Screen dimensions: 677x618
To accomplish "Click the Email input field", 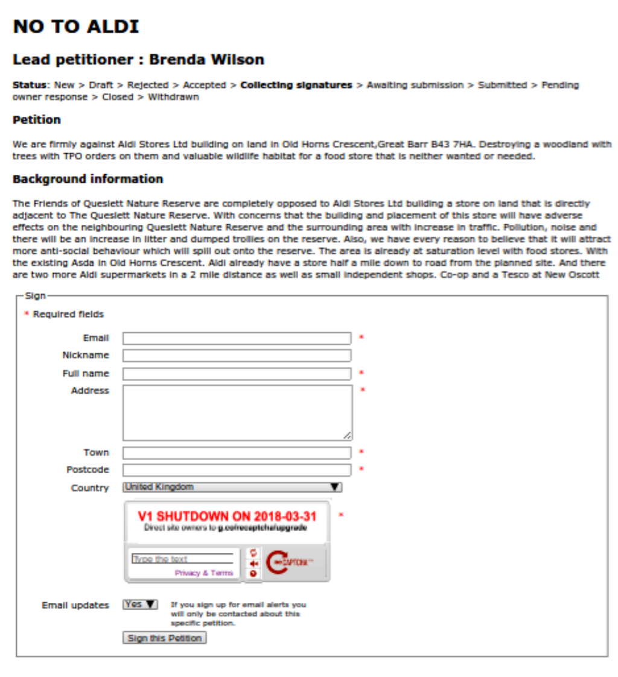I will (x=237, y=338).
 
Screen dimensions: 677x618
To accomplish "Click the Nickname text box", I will (x=237, y=356).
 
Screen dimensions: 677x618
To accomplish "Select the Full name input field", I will (x=237, y=374).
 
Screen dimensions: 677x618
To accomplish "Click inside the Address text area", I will (x=237, y=412).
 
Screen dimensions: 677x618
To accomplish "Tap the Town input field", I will (x=237, y=453).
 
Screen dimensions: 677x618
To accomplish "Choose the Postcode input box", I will (x=237, y=470).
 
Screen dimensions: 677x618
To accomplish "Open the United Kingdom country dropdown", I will (x=232, y=487).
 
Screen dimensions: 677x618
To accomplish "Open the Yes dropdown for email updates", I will (x=140, y=604).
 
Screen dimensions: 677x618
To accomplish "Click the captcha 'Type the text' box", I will (x=182, y=559).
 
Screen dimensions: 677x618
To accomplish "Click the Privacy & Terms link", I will (x=204, y=573).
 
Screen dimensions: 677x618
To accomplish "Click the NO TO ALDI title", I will (x=76, y=27).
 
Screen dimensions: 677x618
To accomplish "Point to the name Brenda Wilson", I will (x=206, y=60).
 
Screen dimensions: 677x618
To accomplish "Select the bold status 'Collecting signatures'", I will (x=296, y=85).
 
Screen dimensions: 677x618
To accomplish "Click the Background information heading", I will (x=88, y=179).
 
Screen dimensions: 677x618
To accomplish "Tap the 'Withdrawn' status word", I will (x=173, y=96).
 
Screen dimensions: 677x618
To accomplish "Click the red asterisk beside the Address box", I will (x=362, y=390).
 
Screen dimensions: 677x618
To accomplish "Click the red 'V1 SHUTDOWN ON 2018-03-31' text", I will (x=227, y=516).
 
